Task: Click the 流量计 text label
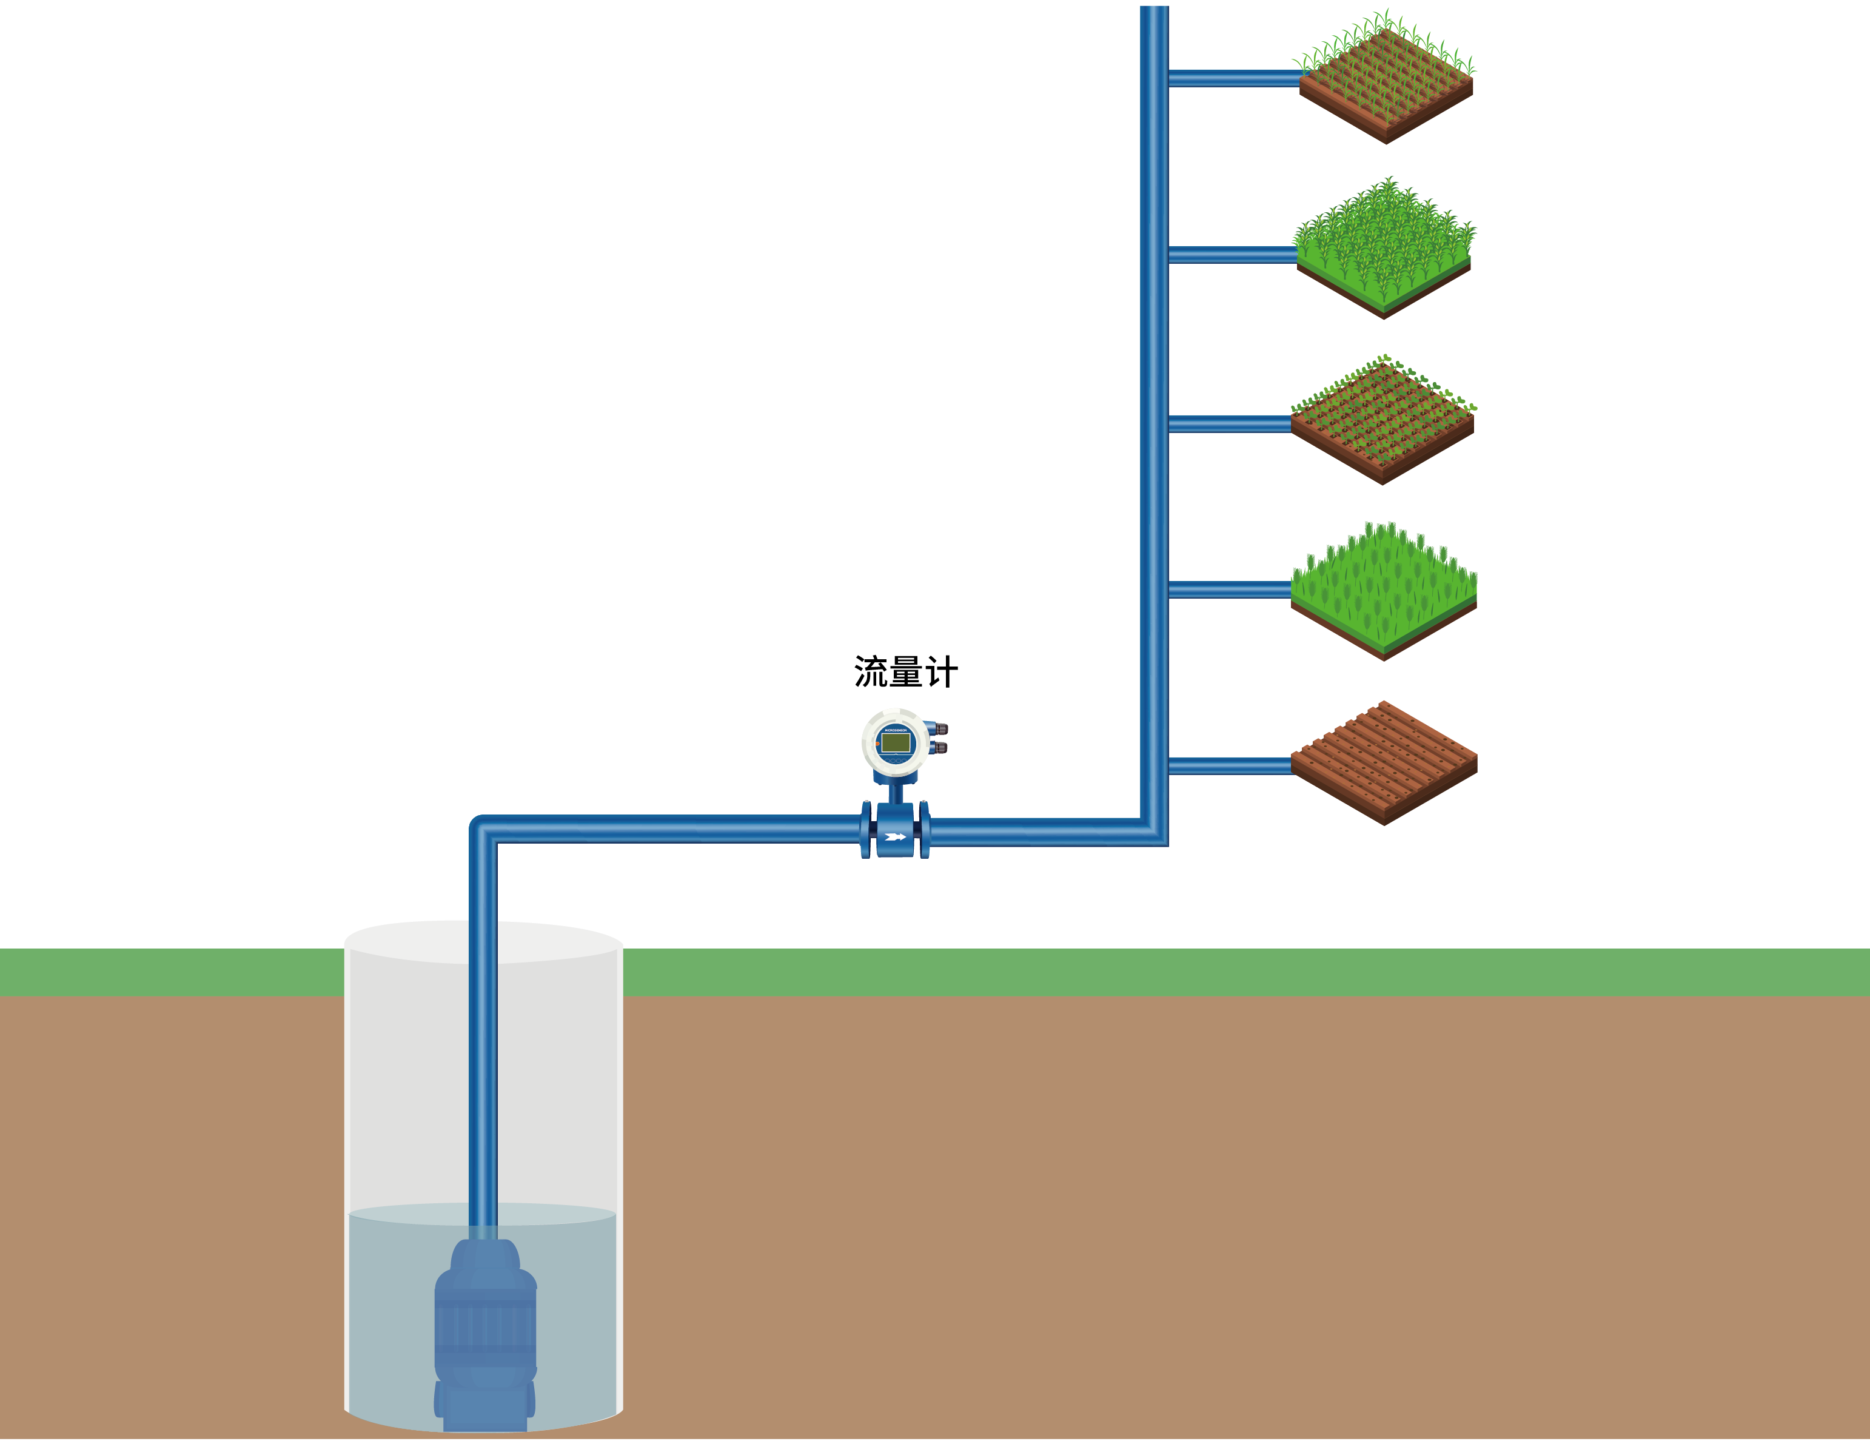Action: pyautogui.click(x=905, y=672)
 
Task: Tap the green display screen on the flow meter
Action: pyautogui.click(x=896, y=742)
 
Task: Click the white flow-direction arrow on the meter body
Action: pyautogui.click(x=896, y=836)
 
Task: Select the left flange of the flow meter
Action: pyautogui.click(x=866, y=830)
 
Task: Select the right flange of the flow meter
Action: pyautogui.click(x=925, y=830)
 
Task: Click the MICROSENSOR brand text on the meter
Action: pyautogui.click(x=896, y=730)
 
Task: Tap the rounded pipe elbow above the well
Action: pyautogui.click(x=480, y=826)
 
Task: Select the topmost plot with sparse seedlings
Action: pyautogui.click(x=1386, y=81)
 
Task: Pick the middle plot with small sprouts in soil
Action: pyautogui.click(x=1383, y=420)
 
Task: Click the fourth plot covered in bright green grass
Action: pyautogui.click(x=1384, y=591)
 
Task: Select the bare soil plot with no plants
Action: pyautogui.click(x=1384, y=762)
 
